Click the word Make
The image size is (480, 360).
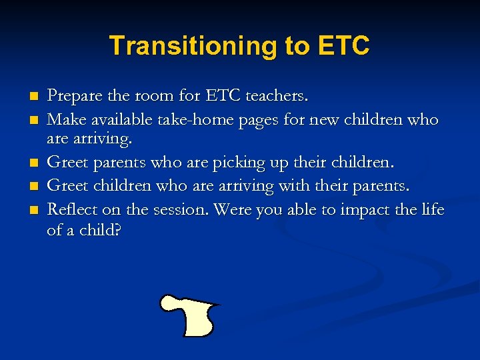pyautogui.click(x=64, y=120)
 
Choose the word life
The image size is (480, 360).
pyautogui.click(x=433, y=210)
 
